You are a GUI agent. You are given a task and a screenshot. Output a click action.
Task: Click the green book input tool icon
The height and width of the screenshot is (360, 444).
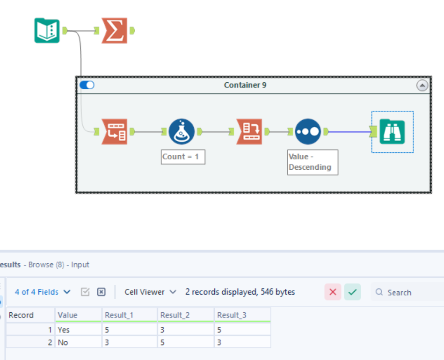tap(47, 30)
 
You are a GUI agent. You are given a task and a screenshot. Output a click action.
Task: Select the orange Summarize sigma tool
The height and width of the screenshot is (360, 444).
tap(115, 30)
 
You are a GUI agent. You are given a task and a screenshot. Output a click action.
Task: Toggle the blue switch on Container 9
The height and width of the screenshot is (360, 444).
tap(87, 85)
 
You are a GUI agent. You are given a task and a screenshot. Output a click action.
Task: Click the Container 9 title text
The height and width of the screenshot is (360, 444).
tap(245, 85)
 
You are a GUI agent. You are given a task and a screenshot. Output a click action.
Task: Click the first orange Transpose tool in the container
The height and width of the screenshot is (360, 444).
tap(115, 131)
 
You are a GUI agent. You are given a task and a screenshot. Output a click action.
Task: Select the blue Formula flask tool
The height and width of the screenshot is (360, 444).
tap(182, 131)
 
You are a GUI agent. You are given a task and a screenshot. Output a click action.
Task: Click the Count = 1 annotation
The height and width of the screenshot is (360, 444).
tap(182, 157)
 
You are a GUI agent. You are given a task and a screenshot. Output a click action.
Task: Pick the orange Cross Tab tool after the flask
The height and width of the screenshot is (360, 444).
tap(249, 131)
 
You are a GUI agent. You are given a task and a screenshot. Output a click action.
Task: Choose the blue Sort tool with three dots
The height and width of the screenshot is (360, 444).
tap(308, 131)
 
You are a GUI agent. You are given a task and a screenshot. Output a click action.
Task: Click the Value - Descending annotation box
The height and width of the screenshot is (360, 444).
tap(312, 162)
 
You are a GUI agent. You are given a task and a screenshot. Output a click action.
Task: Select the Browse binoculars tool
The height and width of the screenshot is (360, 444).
tap(392, 131)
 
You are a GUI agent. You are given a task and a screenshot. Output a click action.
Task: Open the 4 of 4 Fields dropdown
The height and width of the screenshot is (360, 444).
tap(43, 292)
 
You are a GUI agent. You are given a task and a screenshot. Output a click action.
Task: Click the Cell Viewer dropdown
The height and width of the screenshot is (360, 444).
tap(150, 292)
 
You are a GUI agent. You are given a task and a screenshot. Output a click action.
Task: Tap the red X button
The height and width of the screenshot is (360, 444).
tap(333, 292)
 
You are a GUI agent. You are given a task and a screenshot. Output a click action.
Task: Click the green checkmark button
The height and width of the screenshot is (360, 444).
tap(352, 292)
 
